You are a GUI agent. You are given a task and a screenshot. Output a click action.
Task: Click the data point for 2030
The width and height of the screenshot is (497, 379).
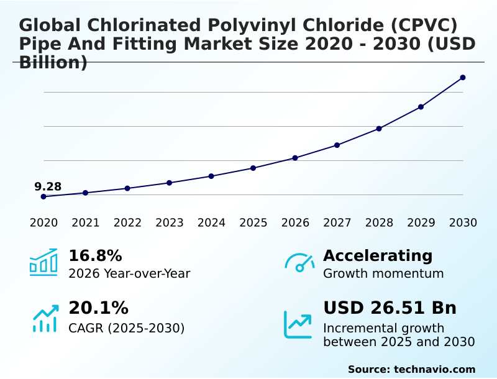pyautogui.click(x=463, y=78)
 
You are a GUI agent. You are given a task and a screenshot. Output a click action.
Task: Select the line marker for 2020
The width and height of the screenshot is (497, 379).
pyautogui.click(x=43, y=196)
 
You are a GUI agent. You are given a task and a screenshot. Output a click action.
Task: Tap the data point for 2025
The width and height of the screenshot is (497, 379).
pyautogui.click(x=253, y=168)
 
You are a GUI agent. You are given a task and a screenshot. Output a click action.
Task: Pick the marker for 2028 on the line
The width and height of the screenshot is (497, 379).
pyautogui.click(x=379, y=129)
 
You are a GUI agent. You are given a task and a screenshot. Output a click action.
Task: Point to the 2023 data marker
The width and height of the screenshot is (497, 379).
pyautogui.click(x=170, y=183)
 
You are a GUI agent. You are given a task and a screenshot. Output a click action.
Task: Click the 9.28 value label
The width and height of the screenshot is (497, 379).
pyautogui.click(x=48, y=186)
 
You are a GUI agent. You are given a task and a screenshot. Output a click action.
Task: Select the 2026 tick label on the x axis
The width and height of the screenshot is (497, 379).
pyautogui.click(x=295, y=222)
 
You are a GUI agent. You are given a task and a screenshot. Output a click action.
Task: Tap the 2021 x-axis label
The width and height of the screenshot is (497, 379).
pyautogui.click(x=86, y=222)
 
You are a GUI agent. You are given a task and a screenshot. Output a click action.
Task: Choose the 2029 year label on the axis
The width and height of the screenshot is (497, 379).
pyautogui.click(x=421, y=222)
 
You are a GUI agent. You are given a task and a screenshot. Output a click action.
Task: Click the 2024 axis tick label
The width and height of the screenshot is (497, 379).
pyautogui.click(x=211, y=222)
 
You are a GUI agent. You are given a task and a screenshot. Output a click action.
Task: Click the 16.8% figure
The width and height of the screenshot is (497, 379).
pyautogui.click(x=95, y=256)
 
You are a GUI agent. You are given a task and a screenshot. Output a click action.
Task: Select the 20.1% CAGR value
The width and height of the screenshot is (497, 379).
pyautogui.click(x=98, y=308)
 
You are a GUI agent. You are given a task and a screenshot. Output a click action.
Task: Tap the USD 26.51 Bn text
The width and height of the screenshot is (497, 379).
pyautogui.click(x=390, y=308)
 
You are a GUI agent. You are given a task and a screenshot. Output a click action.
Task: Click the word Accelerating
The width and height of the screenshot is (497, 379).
pyautogui.click(x=378, y=256)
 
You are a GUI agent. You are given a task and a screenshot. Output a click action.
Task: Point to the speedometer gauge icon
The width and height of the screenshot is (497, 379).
pyautogui.click(x=299, y=262)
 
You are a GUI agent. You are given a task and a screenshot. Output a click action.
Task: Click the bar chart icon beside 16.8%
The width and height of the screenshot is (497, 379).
pyautogui.click(x=43, y=262)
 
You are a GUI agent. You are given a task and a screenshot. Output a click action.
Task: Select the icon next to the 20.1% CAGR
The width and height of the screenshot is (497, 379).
pyautogui.click(x=45, y=318)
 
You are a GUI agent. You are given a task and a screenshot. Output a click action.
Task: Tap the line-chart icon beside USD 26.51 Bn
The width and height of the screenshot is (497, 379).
pyautogui.click(x=298, y=324)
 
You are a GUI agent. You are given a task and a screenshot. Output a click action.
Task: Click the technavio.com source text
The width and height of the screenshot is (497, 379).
pyautogui.click(x=434, y=369)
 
